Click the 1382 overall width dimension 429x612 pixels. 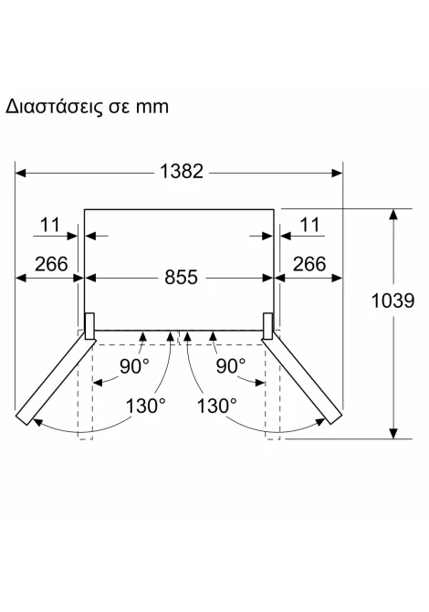point(182,172)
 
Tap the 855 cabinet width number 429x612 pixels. point(181,278)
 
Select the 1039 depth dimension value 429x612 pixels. point(392,301)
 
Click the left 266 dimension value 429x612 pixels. point(51,264)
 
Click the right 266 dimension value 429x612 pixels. point(309,264)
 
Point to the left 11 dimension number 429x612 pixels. point(50,225)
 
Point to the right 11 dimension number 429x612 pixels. point(309,225)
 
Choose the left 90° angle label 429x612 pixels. point(134,366)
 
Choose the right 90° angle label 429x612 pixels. point(231,366)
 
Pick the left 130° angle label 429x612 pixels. point(145,406)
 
